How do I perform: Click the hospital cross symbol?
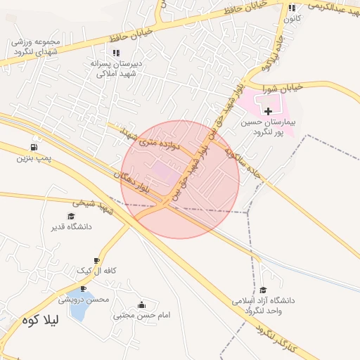(x=268, y=111)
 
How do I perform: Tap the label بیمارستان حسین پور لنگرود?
(x=268, y=127)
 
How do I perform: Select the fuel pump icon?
(x=34, y=147)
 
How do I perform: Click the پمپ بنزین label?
(x=34, y=158)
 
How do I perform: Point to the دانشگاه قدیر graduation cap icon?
(x=70, y=216)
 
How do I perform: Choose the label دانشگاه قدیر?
(x=71, y=227)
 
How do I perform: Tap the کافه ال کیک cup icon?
(x=96, y=261)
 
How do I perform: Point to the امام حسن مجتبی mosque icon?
(x=142, y=305)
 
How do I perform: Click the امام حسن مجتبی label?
(x=142, y=316)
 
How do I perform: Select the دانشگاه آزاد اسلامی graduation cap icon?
(x=263, y=290)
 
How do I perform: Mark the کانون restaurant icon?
(x=292, y=8)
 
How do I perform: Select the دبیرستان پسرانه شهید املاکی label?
(x=116, y=67)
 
